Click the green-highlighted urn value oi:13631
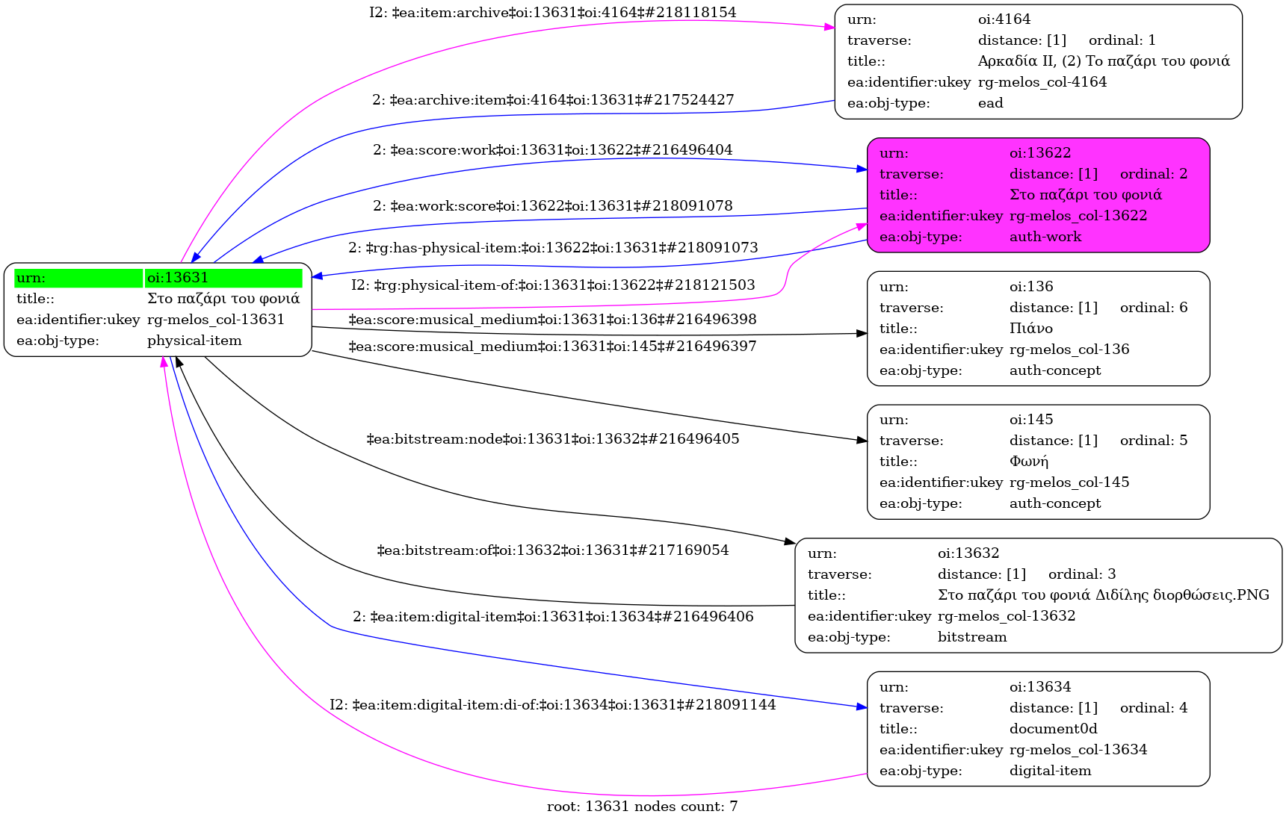[x=178, y=278]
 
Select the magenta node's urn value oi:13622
[x=1039, y=153]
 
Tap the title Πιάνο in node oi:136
[x=1030, y=329]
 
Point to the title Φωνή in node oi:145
[x=1029, y=462]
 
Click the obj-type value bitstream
[x=971, y=637]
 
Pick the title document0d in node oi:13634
[x=1053, y=729]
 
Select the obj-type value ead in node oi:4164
[x=990, y=103]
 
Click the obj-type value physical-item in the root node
[x=194, y=341]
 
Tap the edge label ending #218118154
[x=552, y=13]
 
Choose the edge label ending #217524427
[x=553, y=100]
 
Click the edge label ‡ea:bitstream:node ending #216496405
[x=552, y=439]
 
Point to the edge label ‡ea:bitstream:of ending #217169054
[x=552, y=550]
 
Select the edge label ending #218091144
[x=552, y=705]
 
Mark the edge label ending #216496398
[x=552, y=320]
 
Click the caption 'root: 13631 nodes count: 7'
[x=642, y=807]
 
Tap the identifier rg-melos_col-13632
[x=1006, y=616]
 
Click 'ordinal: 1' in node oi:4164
[x=1122, y=40]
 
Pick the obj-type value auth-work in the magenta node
[x=1045, y=237]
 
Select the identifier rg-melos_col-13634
[x=1078, y=750]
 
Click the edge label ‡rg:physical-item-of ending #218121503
[x=552, y=285]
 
